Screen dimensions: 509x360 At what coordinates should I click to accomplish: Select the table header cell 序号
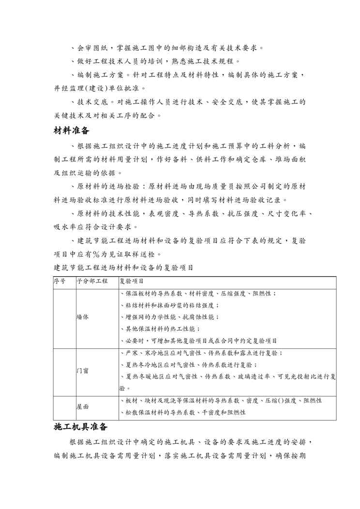(x=59, y=281)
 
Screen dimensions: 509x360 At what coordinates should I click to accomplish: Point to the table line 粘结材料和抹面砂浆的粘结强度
(x=169, y=305)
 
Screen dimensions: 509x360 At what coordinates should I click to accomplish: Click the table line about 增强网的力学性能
(x=169, y=317)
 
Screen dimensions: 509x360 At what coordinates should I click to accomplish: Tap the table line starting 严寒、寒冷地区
(x=201, y=353)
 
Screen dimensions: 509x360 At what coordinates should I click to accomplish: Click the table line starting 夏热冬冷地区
(x=188, y=364)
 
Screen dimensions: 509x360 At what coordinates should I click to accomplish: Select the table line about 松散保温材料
(x=182, y=412)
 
